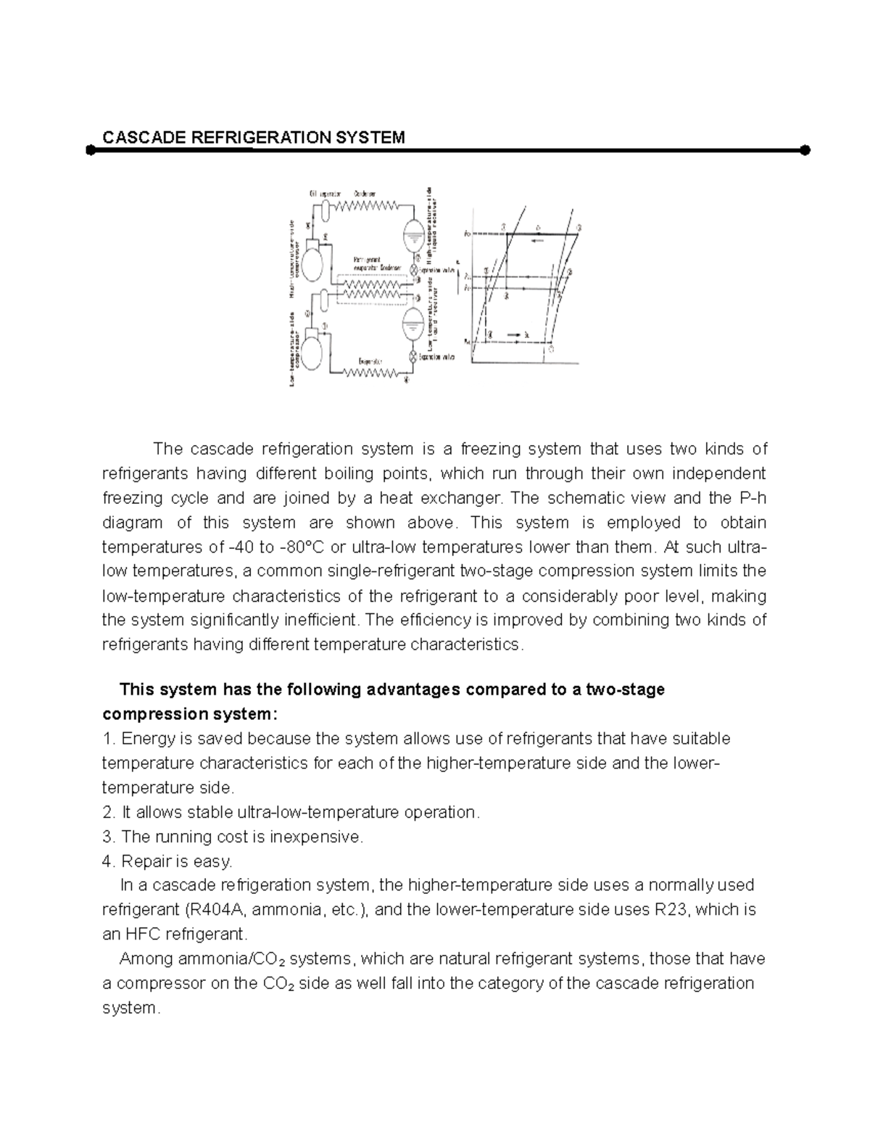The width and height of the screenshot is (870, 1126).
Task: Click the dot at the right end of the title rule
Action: pos(805,150)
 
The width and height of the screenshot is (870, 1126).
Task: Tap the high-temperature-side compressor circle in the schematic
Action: pos(312,263)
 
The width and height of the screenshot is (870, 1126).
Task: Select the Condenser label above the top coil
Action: pos(365,194)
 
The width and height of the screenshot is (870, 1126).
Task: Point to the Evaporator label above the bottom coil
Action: pos(370,360)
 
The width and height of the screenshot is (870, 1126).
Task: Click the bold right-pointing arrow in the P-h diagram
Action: pos(513,334)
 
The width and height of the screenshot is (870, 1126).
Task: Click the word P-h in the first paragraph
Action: pos(752,498)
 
